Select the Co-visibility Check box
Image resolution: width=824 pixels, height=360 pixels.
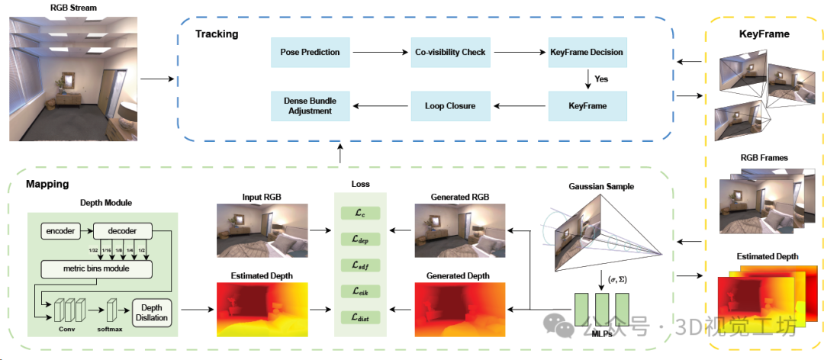click(450, 52)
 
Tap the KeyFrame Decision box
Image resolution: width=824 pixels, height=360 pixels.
click(586, 52)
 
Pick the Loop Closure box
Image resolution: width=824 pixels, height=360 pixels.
click(450, 106)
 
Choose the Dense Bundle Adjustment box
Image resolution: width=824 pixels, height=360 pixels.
click(310, 106)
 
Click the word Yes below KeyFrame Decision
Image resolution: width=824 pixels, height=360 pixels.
click(601, 79)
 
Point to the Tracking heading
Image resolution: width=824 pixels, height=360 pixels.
click(217, 34)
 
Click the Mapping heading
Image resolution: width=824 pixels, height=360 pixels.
click(47, 184)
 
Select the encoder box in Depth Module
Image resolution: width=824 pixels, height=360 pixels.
click(60, 230)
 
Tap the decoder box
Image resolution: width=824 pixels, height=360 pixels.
click(123, 230)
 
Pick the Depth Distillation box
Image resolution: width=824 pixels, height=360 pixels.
click(152, 313)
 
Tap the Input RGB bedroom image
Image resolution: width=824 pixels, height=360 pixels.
click(262, 229)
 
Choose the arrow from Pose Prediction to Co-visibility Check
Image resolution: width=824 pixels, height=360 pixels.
click(379, 52)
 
